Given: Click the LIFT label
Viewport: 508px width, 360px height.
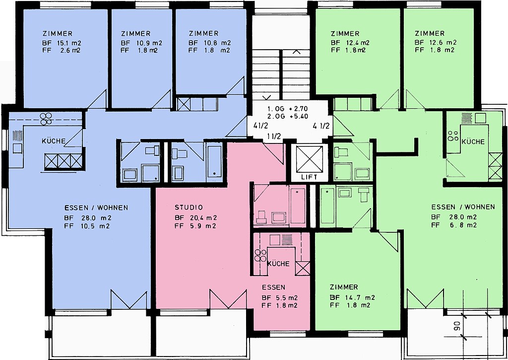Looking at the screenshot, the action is [x=309, y=177].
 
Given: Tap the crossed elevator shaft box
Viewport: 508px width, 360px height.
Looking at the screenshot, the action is [x=310, y=159].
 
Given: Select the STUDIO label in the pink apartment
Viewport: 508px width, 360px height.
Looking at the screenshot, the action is [x=189, y=207].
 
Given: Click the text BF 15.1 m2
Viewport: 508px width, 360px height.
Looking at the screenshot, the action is [x=62, y=43].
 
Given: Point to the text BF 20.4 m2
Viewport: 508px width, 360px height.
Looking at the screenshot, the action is [x=195, y=217].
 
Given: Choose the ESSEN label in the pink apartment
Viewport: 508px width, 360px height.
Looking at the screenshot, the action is [x=274, y=288].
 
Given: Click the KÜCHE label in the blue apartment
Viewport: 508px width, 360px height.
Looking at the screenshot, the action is [x=54, y=141].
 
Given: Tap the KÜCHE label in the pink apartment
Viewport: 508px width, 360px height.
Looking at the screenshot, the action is [x=278, y=264].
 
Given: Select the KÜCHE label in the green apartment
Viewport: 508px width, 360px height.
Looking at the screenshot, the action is [x=473, y=142].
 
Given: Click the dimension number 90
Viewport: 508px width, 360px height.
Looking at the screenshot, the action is [x=457, y=326].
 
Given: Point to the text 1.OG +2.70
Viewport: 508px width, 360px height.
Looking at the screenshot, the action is [x=287, y=109].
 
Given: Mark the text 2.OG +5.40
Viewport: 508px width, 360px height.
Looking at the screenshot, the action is [x=287, y=116].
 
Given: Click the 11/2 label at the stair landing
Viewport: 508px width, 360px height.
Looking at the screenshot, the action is [x=274, y=136].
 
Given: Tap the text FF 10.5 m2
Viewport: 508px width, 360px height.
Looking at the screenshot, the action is [x=87, y=226].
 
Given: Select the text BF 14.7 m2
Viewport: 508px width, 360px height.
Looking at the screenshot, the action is [x=353, y=297].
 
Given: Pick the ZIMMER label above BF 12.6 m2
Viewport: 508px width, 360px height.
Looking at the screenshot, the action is [x=430, y=33].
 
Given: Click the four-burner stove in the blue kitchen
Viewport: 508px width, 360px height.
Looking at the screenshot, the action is [x=46, y=119].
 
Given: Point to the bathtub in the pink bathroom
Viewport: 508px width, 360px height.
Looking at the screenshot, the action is [x=298, y=205].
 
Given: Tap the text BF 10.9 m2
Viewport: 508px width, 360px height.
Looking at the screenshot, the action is [x=141, y=43].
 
